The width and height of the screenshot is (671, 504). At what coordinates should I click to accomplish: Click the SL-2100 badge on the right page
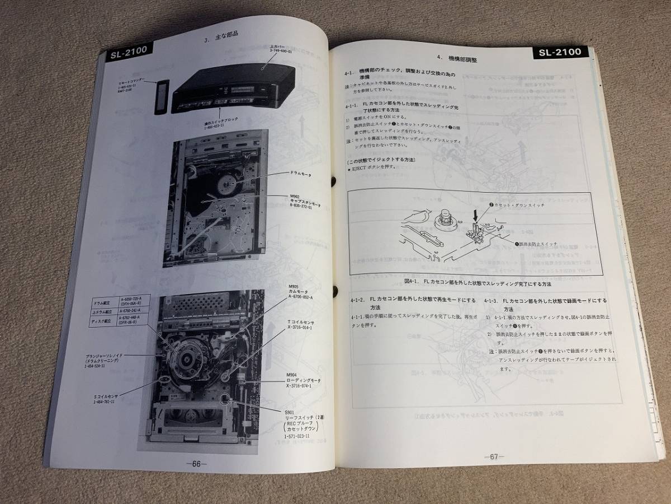pyautogui.click(x=559, y=52)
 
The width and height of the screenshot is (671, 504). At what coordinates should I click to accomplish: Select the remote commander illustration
pyautogui.click(x=160, y=97)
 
